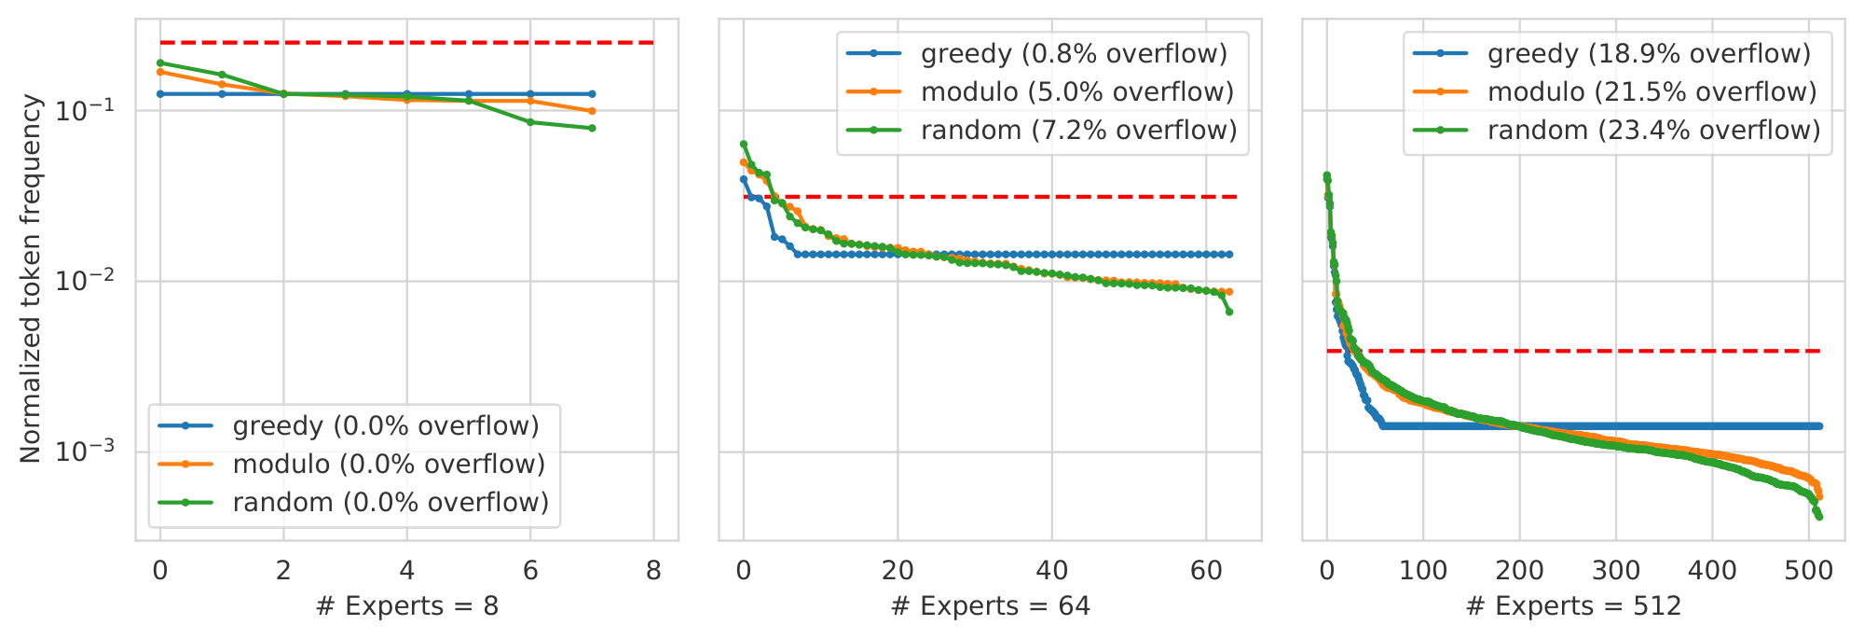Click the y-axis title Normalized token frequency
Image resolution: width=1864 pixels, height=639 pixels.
click(x=31, y=278)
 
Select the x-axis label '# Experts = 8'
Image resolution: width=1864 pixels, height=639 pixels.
click(x=407, y=607)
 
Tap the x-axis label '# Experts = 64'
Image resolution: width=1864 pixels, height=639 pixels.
click(x=990, y=607)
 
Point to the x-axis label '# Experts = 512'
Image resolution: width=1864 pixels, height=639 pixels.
click(x=1573, y=607)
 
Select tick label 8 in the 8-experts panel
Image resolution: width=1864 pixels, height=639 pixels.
click(x=653, y=571)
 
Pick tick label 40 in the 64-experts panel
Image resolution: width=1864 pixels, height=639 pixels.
click(x=1051, y=571)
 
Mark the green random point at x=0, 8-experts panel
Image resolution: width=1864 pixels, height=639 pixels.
click(x=160, y=63)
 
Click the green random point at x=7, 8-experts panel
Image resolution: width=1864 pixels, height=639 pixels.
click(x=592, y=128)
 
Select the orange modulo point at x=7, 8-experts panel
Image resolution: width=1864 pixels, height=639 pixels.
click(x=592, y=111)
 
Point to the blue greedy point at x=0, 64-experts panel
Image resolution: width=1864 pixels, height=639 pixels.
click(x=744, y=179)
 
